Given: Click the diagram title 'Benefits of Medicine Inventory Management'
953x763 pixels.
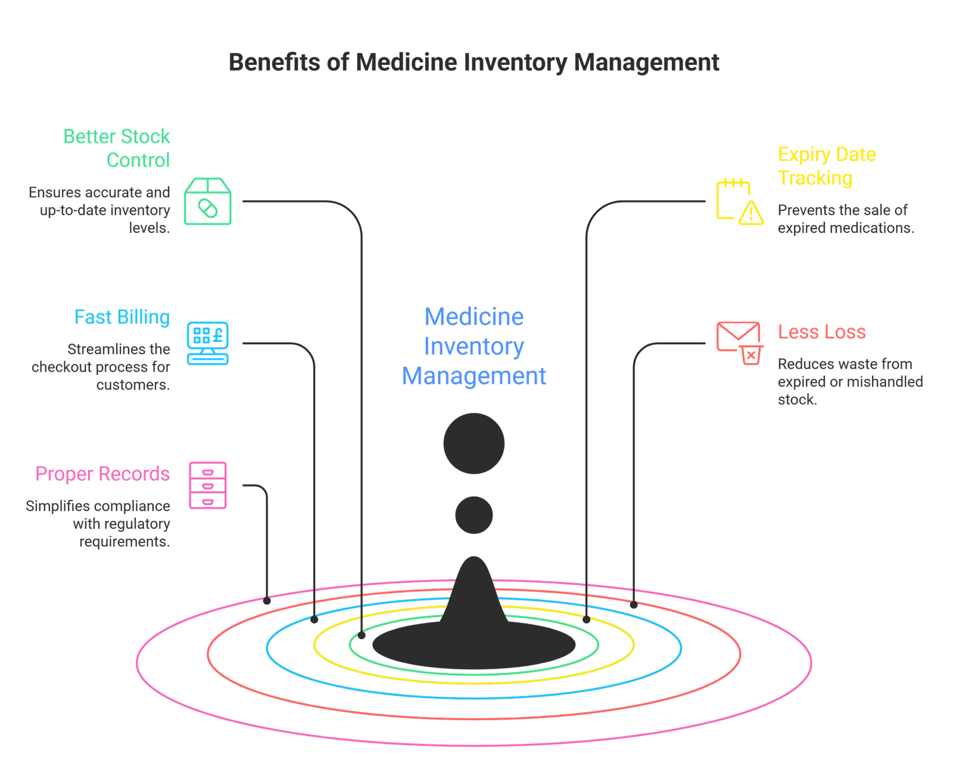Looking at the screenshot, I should (474, 63).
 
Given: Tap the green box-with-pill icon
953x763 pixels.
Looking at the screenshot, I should (208, 201).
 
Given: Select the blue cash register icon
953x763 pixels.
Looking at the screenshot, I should (207, 343).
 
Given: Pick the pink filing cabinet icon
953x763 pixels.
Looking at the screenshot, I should (208, 485).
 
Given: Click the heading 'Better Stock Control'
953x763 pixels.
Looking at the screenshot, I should (117, 148).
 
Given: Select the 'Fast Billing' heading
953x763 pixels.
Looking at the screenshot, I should (122, 317).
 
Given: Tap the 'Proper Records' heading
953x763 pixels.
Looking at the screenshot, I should (102, 474).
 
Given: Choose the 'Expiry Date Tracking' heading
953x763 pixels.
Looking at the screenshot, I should (827, 166).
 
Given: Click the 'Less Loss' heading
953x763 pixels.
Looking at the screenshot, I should (821, 332).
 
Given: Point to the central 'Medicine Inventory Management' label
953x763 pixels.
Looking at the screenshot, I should (474, 346).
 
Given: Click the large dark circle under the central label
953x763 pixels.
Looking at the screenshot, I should (474, 444).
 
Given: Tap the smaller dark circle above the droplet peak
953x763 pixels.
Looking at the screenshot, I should (474, 515).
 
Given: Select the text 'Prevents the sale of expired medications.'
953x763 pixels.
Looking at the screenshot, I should (845, 219).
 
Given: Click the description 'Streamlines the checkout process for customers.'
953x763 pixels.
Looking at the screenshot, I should (101, 367).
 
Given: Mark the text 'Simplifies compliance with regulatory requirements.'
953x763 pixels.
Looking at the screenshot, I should (98, 524).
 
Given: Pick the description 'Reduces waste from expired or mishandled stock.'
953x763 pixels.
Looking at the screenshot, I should (850, 381).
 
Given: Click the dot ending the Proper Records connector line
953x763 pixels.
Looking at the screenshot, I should (267, 602).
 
